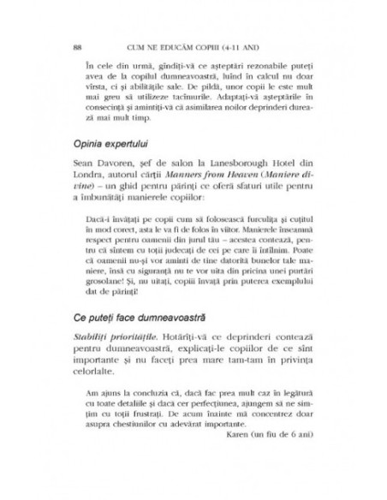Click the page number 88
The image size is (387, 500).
78,47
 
